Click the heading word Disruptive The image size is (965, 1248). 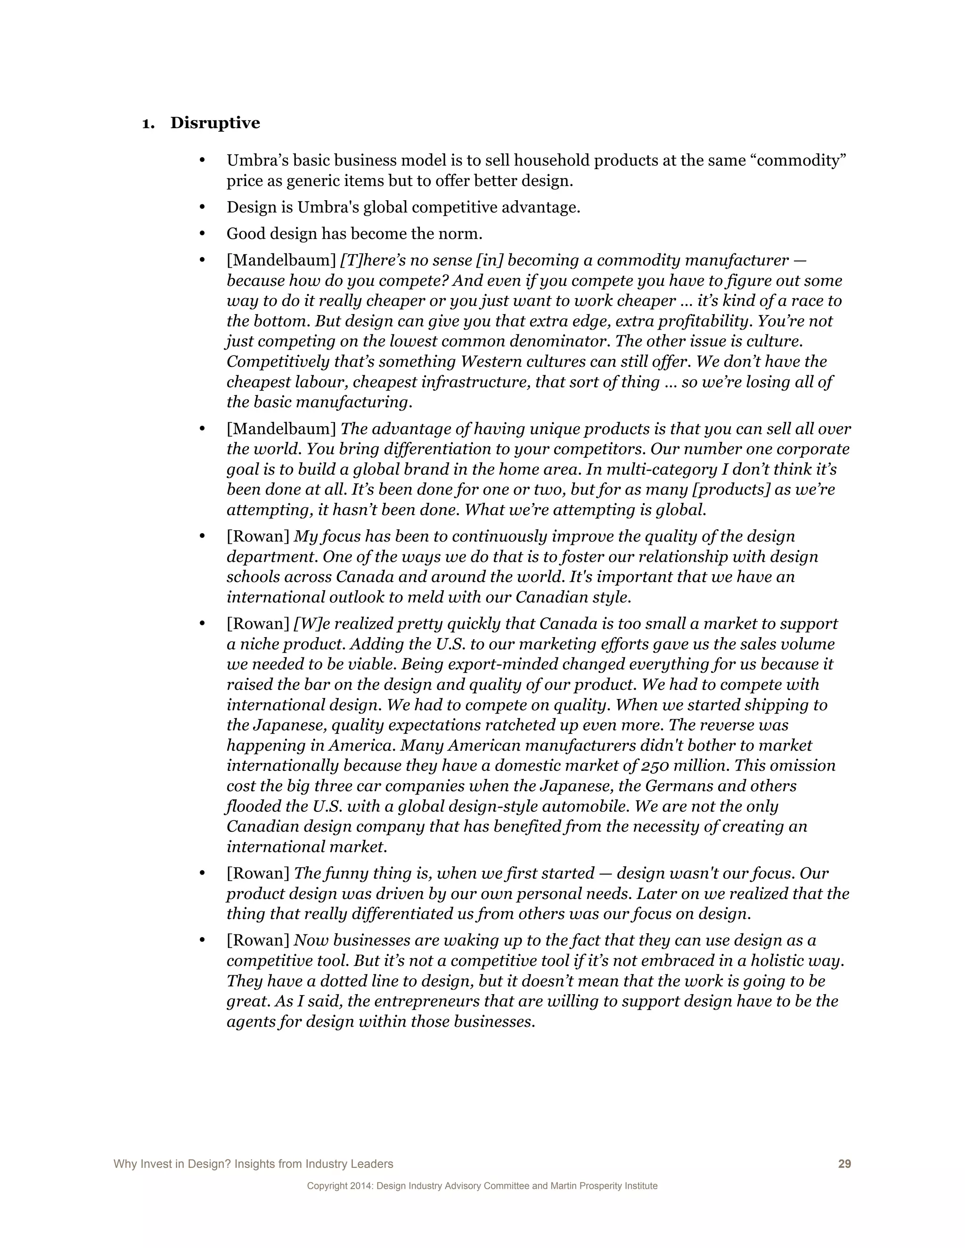coord(215,123)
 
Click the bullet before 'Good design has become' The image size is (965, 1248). coord(201,234)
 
